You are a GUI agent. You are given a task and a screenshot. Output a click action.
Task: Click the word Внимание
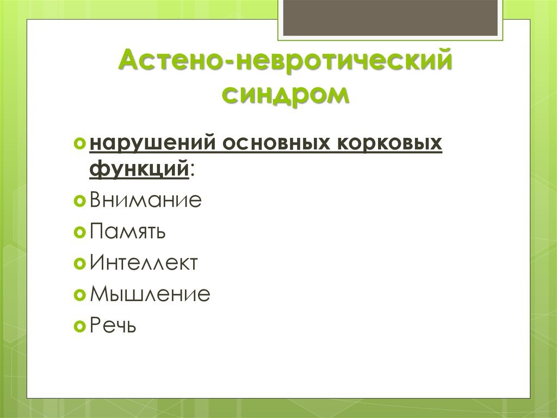[x=146, y=201]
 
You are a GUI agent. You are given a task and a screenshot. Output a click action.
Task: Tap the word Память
[x=128, y=232]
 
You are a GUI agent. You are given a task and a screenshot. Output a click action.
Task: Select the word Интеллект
[x=144, y=264]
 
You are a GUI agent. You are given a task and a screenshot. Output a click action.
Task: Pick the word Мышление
[x=150, y=295]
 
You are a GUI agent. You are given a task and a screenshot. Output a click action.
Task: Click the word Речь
[x=113, y=326]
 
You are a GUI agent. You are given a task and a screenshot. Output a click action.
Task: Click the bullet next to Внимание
[x=79, y=202]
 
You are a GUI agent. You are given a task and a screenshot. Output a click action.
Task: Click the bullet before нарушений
[x=79, y=144]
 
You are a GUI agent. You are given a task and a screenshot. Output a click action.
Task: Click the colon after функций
[x=193, y=171]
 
